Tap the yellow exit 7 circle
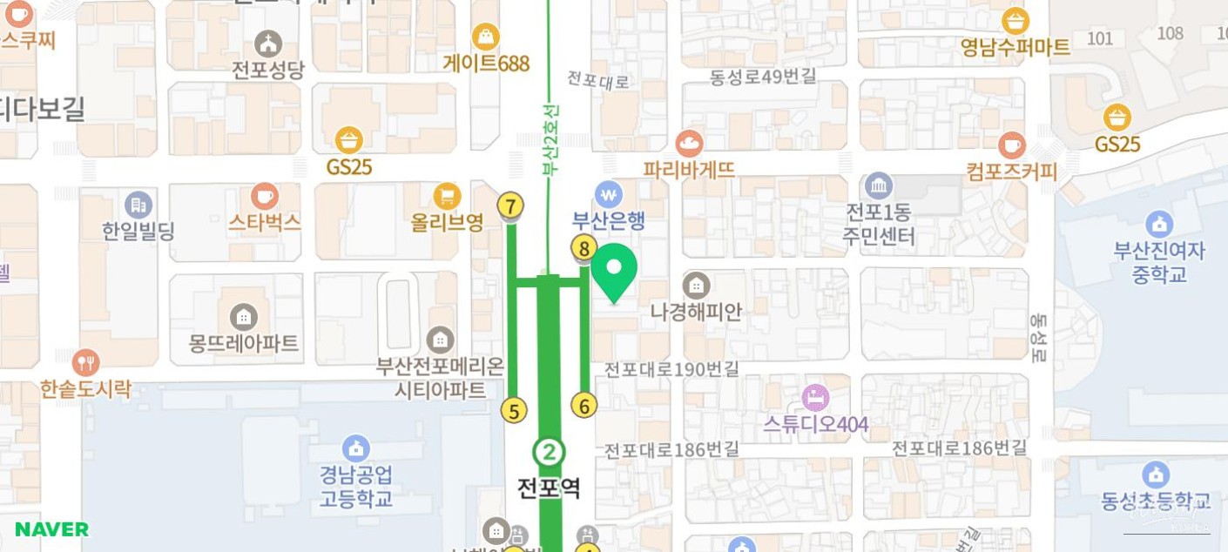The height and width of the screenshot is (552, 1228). [511, 206]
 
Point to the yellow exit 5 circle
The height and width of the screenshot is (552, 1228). [515, 410]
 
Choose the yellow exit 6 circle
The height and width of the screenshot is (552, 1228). [584, 406]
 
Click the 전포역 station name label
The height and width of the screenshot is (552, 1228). [549, 488]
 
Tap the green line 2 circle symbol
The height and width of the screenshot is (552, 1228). [549, 452]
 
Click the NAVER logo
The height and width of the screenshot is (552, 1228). [51, 528]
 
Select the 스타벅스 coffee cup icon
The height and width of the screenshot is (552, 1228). [265, 197]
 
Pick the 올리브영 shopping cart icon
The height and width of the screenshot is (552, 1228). [447, 196]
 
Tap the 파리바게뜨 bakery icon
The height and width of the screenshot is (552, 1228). [689, 143]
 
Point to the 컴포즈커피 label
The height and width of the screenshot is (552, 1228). [1011, 172]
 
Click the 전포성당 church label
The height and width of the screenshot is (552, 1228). [268, 70]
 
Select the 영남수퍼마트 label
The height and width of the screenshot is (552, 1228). [1015, 47]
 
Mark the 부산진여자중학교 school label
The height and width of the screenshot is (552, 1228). [1159, 262]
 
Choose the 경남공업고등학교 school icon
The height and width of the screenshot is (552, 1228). [355, 448]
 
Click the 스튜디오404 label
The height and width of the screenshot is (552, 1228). [816, 424]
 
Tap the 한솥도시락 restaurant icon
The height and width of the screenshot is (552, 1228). [85, 362]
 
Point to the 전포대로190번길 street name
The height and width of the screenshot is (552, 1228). [671, 369]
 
